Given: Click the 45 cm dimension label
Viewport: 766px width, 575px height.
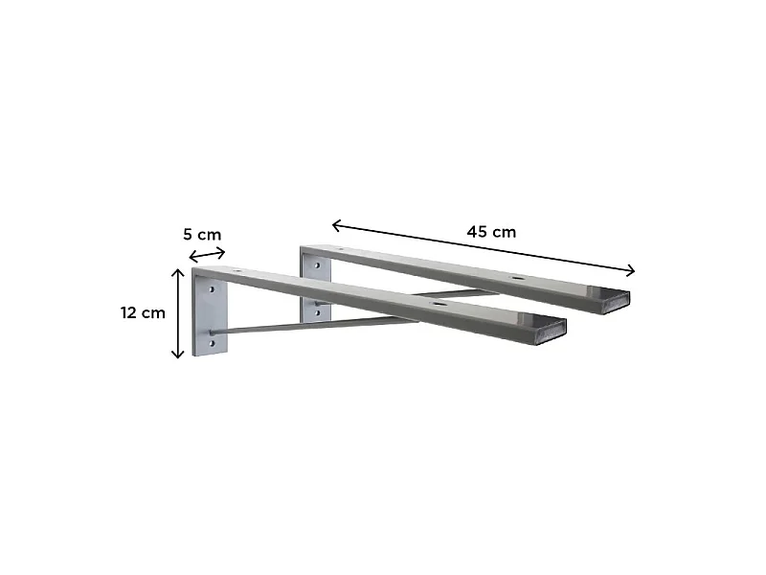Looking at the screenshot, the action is tap(491, 231).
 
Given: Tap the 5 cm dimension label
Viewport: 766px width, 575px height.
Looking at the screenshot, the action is tap(202, 235).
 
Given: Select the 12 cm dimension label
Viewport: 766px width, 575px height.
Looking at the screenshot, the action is tap(143, 312).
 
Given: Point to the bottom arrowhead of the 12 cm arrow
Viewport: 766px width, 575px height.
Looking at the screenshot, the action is tap(178, 353).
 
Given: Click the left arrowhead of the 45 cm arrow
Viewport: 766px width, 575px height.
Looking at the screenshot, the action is tap(337, 225).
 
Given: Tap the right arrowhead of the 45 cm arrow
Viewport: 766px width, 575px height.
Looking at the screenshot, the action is tap(630, 270).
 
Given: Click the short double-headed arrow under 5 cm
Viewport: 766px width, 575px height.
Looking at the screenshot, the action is tap(207, 255).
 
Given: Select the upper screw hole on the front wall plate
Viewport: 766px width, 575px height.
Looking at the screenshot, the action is tap(212, 289).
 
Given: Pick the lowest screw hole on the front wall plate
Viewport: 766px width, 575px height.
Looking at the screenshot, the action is tap(212, 344).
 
